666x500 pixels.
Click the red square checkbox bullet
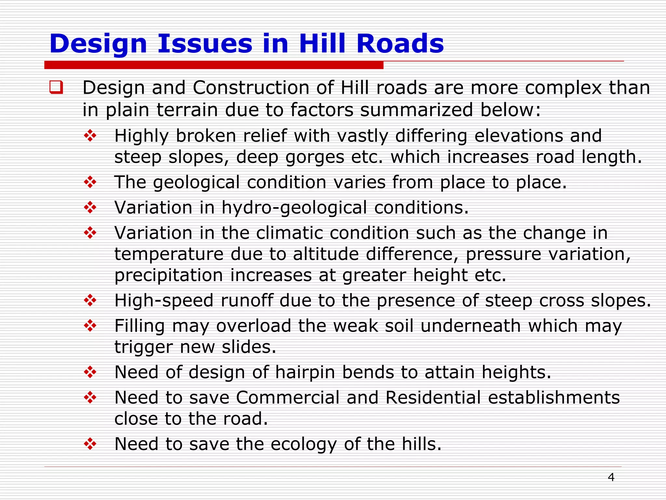(56, 88)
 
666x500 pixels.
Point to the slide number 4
(611, 477)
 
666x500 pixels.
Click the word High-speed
(164, 300)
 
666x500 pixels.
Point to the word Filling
(140, 326)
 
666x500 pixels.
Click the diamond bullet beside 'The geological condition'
(90, 182)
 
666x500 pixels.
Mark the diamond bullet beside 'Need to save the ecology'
(90, 444)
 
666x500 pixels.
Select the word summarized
(417, 110)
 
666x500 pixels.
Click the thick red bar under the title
(214, 65)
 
